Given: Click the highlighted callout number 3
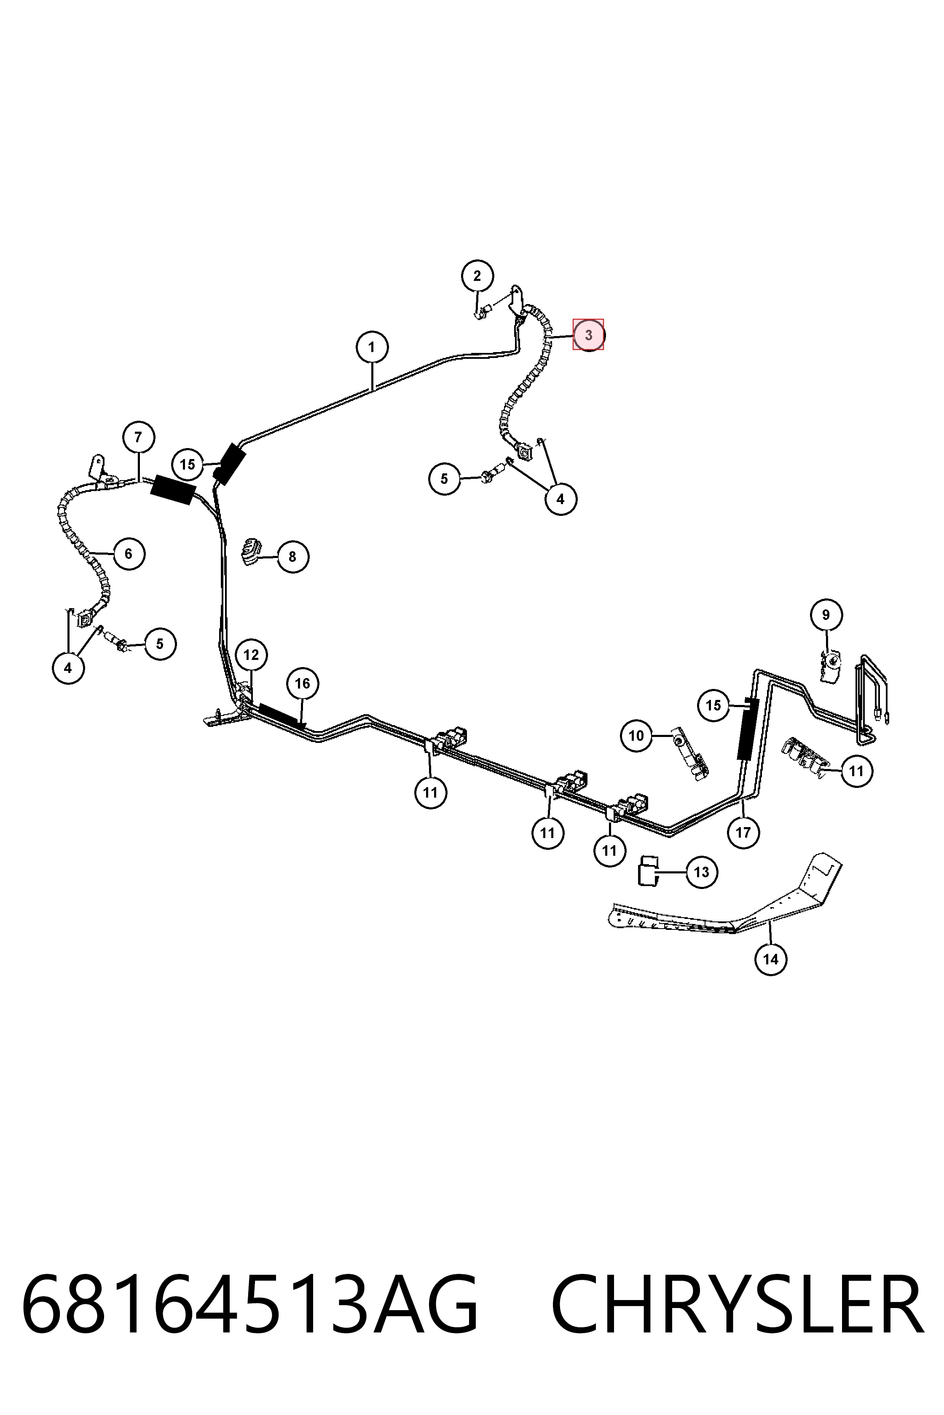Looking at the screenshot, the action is click(x=588, y=334).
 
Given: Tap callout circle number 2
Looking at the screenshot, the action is click(x=477, y=276).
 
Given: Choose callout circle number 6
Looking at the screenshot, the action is click(x=128, y=553).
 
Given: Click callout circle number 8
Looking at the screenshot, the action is click(x=292, y=556).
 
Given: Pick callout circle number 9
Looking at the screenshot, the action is click(x=826, y=615).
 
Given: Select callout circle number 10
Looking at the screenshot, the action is click(x=636, y=735).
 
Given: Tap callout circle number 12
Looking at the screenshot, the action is click(x=251, y=654).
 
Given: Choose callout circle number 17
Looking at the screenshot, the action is click(x=743, y=832).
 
